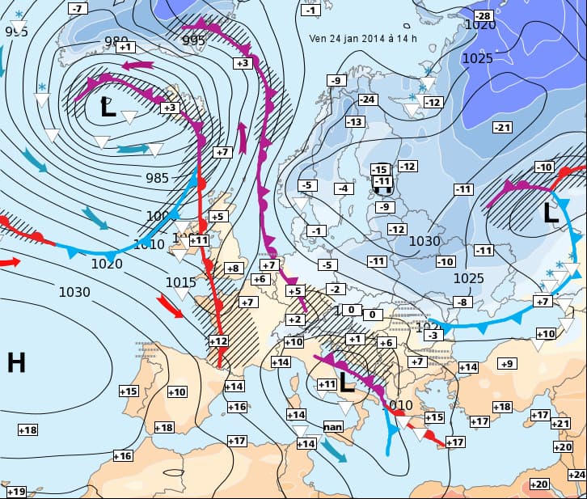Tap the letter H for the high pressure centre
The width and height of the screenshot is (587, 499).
click(16, 363)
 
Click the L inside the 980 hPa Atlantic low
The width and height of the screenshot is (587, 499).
click(108, 108)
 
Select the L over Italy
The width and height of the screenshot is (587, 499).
click(346, 382)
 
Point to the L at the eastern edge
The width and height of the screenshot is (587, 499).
click(551, 214)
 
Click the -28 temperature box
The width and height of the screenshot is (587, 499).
click(483, 16)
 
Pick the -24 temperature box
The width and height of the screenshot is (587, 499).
click(368, 99)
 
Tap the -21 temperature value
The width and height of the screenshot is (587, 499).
click(503, 128)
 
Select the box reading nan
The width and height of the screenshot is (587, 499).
click(333, 426)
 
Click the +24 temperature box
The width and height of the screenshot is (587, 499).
click(577, 474)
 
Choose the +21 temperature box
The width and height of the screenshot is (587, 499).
click(560, 424)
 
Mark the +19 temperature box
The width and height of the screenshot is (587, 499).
click(15, 492)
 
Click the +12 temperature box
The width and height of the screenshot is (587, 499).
click(218, 341)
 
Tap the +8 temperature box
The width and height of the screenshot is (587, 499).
click(234, 268)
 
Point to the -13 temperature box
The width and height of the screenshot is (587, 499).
click(354, 121)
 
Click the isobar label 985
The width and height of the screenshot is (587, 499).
click(158, 178)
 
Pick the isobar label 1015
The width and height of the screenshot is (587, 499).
click(181, 282)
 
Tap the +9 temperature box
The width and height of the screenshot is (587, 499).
click(506, 364)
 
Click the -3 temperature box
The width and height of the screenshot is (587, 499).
click(433, 335)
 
